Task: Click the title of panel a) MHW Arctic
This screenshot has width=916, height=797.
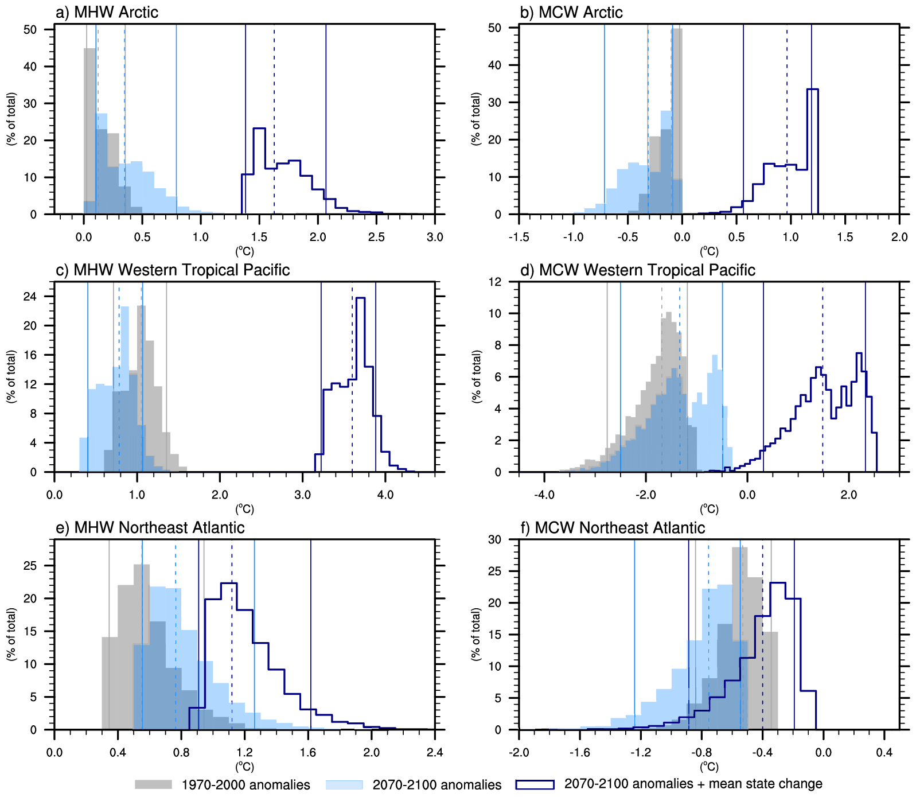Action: coord(107,12)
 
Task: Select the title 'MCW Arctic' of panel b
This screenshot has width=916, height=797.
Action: coord(571,12)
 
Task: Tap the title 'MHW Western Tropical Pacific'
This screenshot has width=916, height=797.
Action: coord(173,270)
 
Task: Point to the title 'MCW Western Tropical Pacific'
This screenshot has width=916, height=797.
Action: coord(637,270)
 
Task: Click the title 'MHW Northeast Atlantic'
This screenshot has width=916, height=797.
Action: coord(150,527)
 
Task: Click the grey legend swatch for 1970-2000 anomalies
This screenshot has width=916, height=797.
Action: coord(153,784)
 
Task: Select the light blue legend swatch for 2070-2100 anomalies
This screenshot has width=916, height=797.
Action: coord(344,784)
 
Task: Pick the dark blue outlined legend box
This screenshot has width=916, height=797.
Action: coord(535,784)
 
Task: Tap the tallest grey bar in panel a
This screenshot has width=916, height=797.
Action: coord(89,132)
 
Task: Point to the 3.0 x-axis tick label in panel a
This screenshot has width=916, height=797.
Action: coord(435,237)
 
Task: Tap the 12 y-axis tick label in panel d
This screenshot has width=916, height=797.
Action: coord(495,282)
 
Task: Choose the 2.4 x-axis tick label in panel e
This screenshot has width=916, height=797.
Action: coord(435,752)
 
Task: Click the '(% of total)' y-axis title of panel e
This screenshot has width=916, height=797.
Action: coord(11,634)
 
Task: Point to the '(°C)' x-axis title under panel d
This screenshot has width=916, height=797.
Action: coord(708,509)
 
